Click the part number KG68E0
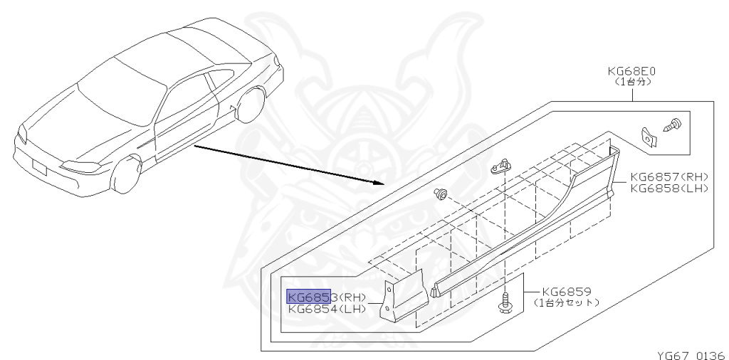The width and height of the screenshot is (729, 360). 631,71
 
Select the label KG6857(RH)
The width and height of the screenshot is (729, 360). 669,177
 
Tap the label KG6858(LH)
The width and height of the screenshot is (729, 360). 669,188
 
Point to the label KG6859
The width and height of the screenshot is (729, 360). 566,292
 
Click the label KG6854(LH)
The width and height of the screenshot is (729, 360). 327,309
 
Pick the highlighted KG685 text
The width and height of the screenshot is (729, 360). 309,297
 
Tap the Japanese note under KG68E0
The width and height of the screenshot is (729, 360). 632,81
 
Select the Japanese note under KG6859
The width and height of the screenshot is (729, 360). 566,302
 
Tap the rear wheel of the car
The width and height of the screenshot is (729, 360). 251,104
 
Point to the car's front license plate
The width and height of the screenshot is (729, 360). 40,166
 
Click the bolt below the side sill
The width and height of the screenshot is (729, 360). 504,304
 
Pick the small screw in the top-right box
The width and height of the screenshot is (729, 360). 670,126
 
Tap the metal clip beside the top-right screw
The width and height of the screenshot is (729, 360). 648,137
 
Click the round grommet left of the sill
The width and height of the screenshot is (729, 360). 439,194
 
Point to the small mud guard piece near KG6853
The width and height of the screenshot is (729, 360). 403,295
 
